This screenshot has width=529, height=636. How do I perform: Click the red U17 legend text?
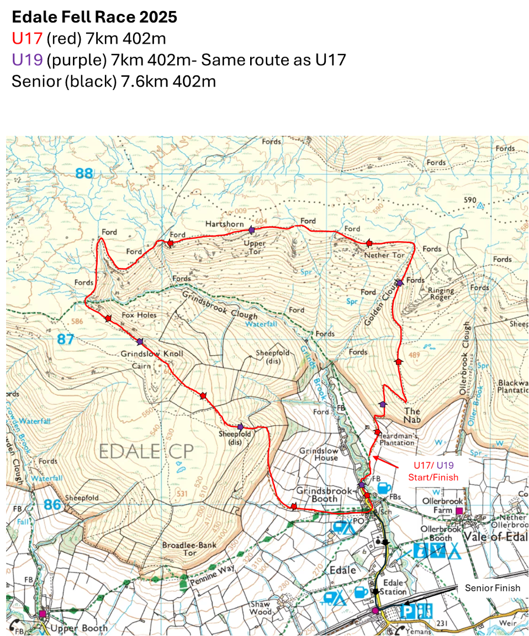point(27,38)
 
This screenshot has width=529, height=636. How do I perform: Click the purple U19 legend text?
point(27,59)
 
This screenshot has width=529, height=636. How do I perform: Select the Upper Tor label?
point(255,247)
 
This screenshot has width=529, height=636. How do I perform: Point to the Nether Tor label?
point(384,256)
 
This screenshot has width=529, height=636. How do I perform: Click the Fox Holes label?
point(139,315)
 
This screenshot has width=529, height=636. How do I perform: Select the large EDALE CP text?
point(146,451)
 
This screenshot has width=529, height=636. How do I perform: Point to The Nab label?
point(412,415)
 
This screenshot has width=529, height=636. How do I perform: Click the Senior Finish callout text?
point(492,588)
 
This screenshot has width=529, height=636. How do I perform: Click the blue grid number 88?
point(84,174)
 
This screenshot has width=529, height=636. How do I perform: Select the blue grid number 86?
point(52,504)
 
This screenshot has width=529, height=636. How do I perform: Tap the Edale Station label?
point(394,587)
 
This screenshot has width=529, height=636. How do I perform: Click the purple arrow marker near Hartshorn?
point(251,229)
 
